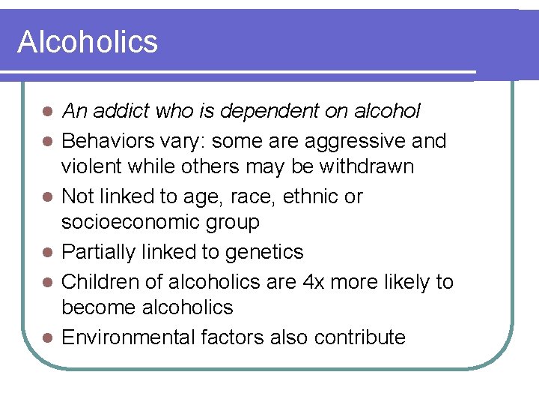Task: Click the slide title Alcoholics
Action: (88, 42)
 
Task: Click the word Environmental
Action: (129, 337)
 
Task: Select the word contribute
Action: (359, 337)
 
